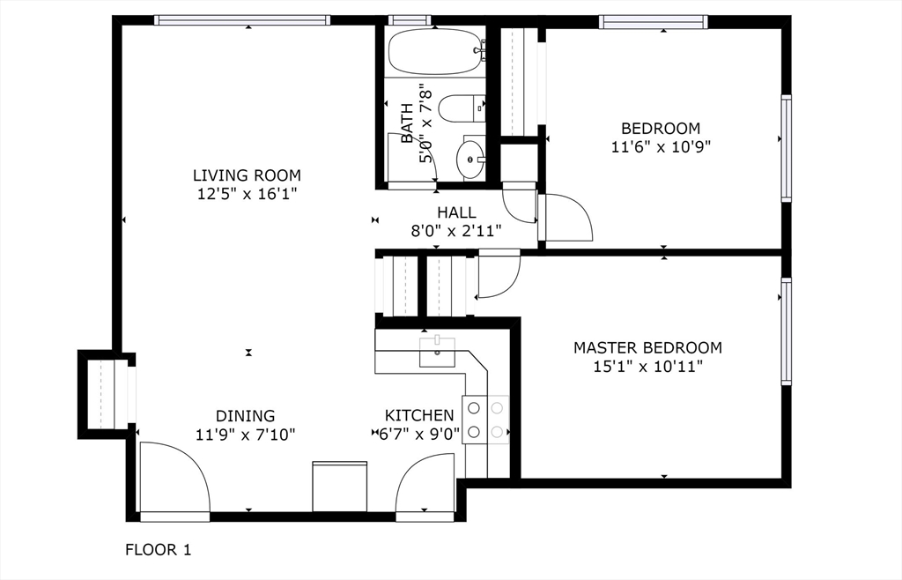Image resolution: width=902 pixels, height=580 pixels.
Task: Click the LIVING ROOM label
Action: pos(247,175)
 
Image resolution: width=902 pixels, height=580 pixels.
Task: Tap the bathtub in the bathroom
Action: pos(435,52)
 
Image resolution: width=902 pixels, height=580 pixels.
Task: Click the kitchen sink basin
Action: pos(437,353)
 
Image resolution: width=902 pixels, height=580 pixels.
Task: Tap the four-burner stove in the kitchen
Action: pos(485,420)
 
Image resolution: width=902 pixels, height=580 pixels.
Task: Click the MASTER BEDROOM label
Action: pos(647,347)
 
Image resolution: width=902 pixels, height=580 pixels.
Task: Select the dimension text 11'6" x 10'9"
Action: pos(661,146)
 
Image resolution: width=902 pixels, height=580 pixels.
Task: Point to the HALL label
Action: pos(456,212)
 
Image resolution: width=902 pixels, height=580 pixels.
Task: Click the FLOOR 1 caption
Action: pos(159,550)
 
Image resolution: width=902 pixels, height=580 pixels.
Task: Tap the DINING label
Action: pos(245,415)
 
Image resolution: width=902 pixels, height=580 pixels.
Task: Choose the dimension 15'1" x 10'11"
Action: pos(648,367)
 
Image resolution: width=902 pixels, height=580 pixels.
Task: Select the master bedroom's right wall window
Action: pos(786,331)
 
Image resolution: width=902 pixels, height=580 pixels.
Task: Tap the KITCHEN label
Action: pos(418,415)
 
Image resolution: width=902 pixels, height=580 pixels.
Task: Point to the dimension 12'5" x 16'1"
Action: pos(247,194)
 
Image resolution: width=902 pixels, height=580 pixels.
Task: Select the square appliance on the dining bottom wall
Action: pos(339,487)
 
